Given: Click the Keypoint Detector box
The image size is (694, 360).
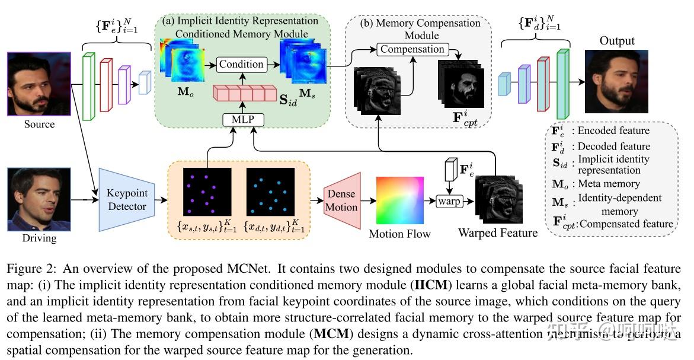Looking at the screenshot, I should (x=126, y=199).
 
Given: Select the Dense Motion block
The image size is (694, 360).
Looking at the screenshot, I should (x=342, y=200).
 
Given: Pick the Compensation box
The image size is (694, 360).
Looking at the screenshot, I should (x=412, y=50).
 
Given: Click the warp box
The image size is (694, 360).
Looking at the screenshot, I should (x=448, y=200).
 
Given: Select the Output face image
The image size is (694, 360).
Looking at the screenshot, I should (x=617, y=81).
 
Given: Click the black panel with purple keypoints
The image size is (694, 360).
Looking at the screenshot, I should (x=207, y=192).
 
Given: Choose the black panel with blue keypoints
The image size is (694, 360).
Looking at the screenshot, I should (x=270, y=192).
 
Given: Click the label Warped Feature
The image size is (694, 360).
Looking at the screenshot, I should (x=498, y=233).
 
